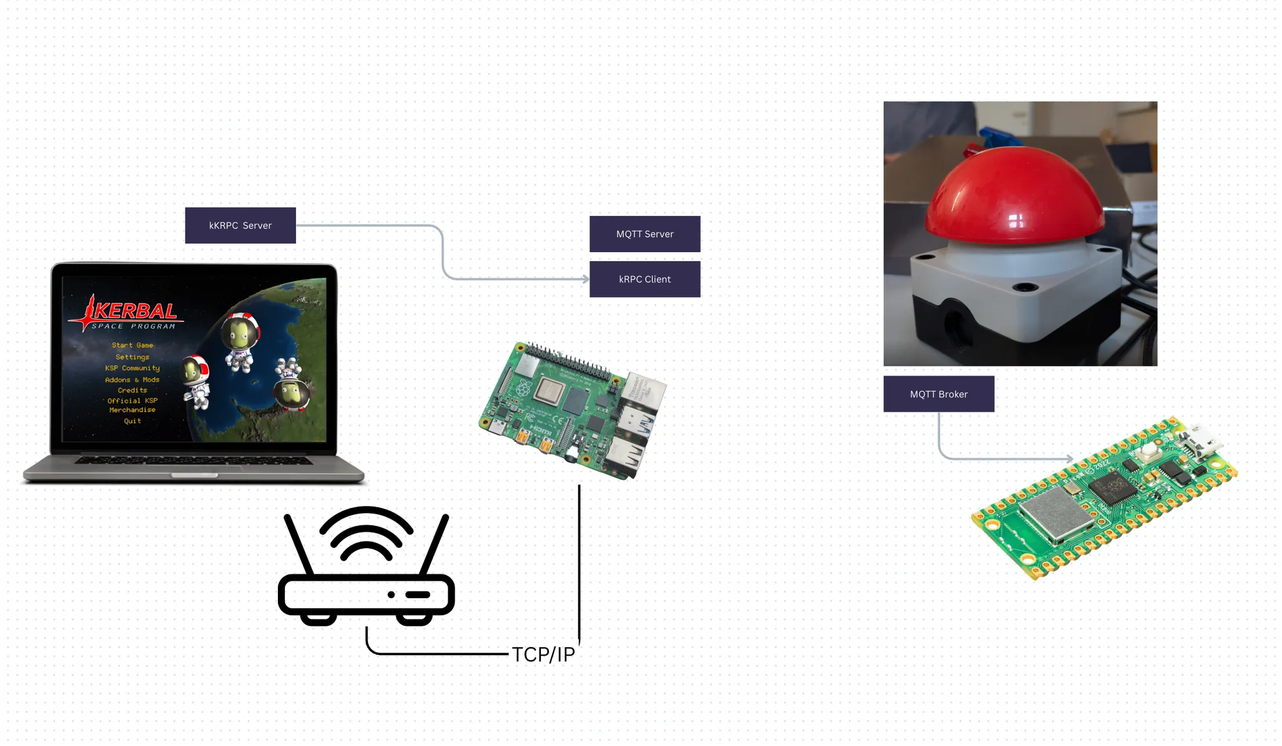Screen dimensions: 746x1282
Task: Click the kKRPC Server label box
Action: pyautogui.click(x=240, y=225)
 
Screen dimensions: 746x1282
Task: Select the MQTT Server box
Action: pyautogui.click(x=645, y=234)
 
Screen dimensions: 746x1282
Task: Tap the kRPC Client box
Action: pyautogui.click(x=645, y=279)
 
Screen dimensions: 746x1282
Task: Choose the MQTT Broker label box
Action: pyautogui.click(x=938, y=394)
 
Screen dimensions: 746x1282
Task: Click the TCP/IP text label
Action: pyautogui.click(x=543, y=655)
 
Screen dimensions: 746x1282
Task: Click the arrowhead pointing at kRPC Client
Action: pyautogui.click(x=585, y=279)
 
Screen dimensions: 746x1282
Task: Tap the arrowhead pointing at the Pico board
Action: pyautogui.click(x=1069, y=459)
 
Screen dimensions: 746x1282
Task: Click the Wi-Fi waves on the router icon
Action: pyautogui.click(x=366, y=532)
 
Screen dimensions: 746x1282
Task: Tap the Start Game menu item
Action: pyautogui.click(x=132, y=345)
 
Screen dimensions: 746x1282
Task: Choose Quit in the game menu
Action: pyautogui.click(x=132, y=421)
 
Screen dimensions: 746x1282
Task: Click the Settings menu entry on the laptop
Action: pyautogui.click(x=132, y=357)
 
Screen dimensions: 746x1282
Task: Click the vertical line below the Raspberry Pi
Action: pyautogui.click(x=579, y=563)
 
